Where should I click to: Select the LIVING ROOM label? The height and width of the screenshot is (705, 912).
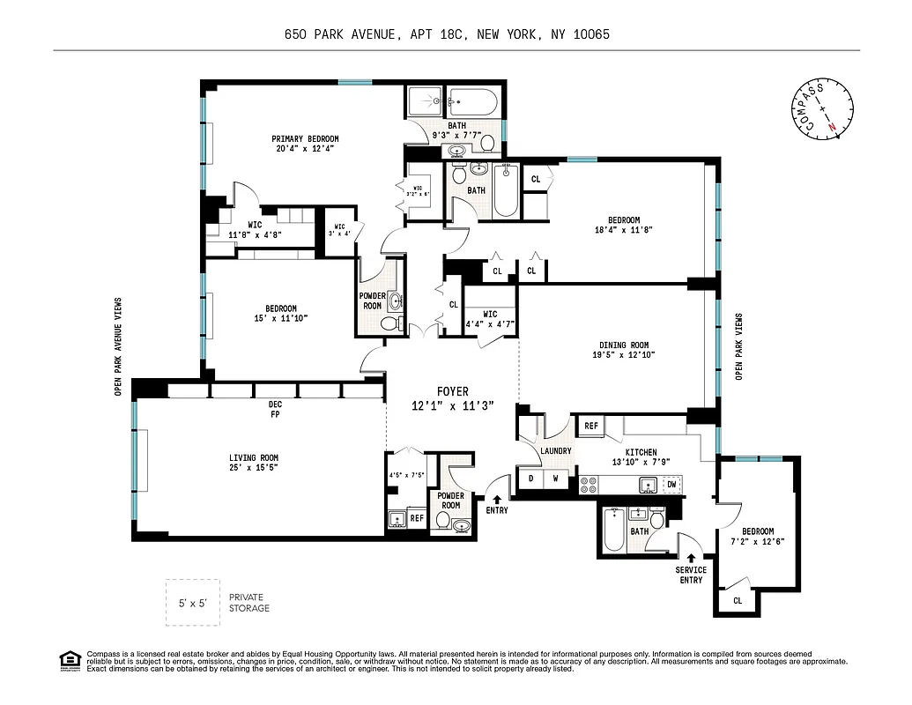[253, 457]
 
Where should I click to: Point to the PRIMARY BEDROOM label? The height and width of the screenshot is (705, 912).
[305, 139]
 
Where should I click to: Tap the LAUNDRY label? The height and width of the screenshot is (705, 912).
[556, 450]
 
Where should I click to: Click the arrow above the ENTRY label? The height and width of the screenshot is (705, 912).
[498, 499]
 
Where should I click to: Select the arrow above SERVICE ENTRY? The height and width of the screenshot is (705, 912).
[691, 557]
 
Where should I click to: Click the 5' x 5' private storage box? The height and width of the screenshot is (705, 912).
[193, 603]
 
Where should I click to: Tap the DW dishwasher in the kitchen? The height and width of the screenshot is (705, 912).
[671, 485]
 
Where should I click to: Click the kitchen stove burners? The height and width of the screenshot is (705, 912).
[589, 485]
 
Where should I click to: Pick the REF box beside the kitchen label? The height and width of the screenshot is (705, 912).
[590, 426]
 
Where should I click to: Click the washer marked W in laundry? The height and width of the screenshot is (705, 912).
[556, 479]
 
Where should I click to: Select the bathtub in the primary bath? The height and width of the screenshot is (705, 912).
[473, 102]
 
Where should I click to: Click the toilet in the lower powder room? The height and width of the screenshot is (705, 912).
[463, 526]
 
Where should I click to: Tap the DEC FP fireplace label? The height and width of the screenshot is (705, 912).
[275, 409]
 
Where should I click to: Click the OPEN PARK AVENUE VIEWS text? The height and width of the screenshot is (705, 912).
[117, 346]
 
